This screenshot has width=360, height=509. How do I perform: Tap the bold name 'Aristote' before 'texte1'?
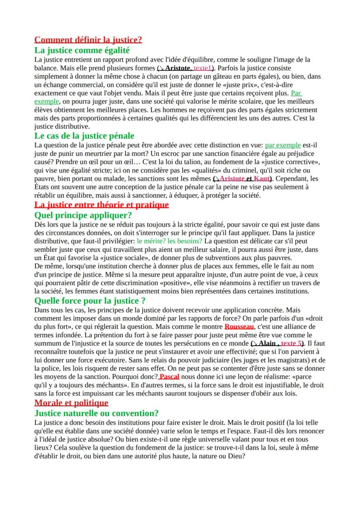(179, 69)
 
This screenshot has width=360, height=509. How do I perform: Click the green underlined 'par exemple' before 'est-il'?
(283, 145)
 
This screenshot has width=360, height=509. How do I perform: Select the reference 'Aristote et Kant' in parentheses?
(243, 179)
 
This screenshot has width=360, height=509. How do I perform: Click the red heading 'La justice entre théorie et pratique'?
(101, 205)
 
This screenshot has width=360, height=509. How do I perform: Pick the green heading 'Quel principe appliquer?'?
(83, 215)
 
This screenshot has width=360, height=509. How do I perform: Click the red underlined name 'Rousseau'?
(239, 326)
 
